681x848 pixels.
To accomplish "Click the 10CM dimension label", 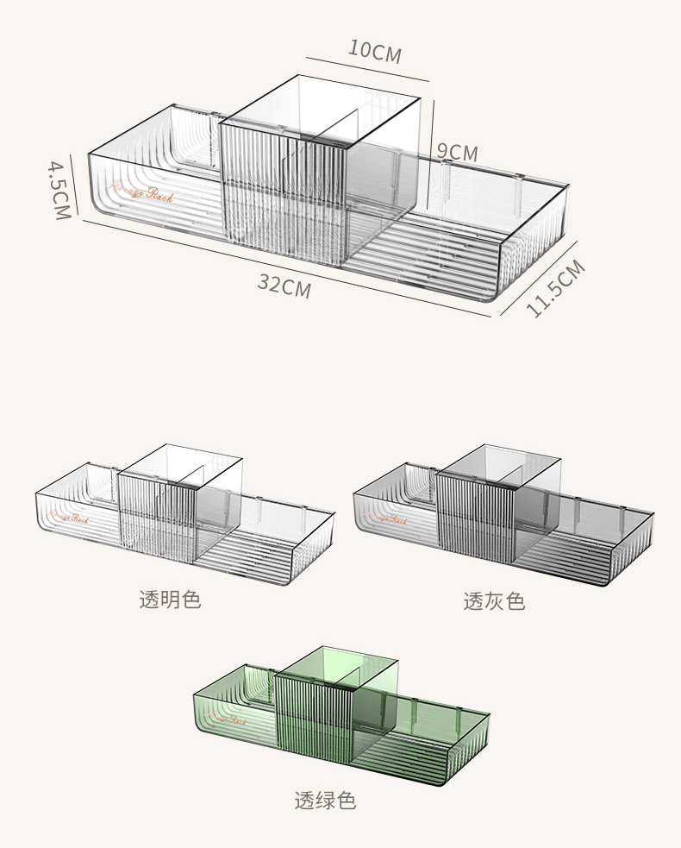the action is click(x=375, y=51).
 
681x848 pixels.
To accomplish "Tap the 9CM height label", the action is click(x=457, y=153).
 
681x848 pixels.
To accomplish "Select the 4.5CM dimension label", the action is click(x=59, y=190).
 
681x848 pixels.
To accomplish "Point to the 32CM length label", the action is click(x=284, y=286).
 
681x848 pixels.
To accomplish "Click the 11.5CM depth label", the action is click(x=556, y=288).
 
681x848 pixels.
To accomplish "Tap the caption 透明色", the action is click(x=170, y=600).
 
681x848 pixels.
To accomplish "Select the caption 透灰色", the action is click(x=494, y=601).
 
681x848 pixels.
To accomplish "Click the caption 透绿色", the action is click(x=325, y=801).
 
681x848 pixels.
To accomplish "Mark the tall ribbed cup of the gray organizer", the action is click(x=475, y=520).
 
